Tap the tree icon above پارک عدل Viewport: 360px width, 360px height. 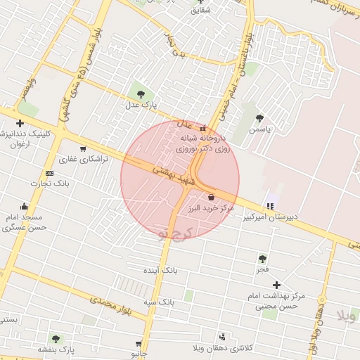[x=141, y=93]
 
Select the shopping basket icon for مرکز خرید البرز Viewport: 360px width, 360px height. [x=211, y=198]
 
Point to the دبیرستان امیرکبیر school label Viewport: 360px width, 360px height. [x=271, y=217]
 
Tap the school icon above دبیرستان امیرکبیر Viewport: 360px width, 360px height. [x=270, y=206]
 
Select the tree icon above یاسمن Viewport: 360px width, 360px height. [x=260, y=118]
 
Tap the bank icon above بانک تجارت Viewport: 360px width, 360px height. [x=49, y=172]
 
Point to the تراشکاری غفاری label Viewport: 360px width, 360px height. [x=84, y=160]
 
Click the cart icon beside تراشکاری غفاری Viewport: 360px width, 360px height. [x=84, y=148]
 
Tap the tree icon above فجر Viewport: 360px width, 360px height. [x=262, y=259]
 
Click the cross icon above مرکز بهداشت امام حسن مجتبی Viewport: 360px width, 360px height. [x=276, y=285]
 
